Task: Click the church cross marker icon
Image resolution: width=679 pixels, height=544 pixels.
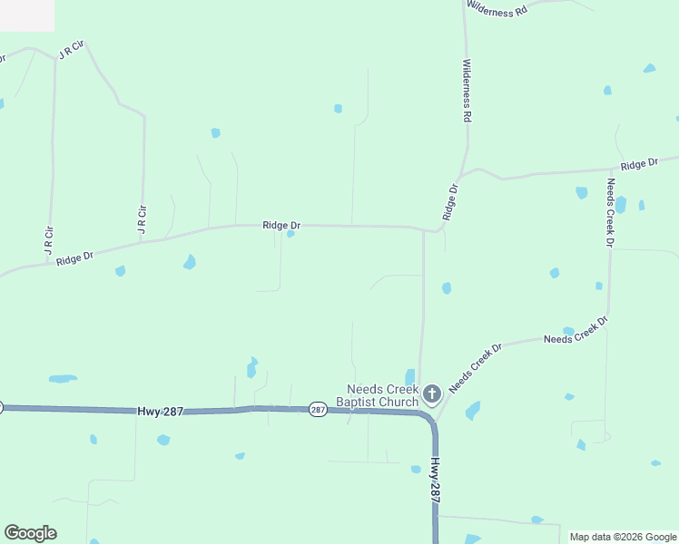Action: click(x=432, y=393)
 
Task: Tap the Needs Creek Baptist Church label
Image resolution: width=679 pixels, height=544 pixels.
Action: click(x=378, y=395)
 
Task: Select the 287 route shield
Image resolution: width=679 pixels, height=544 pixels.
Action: click(x=317, y=410)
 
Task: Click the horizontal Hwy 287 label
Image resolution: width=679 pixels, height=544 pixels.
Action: click(x=161, y=411)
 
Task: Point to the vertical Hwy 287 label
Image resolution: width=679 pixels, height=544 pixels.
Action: click(x=436, y=481)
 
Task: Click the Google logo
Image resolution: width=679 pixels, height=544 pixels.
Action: click(x=30, y=533)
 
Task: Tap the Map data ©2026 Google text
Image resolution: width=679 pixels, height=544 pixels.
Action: click(x=624, y=537)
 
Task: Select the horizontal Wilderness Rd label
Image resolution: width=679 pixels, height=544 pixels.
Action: click(x=497, y=10)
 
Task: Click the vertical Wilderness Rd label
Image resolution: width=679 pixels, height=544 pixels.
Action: click(x=467, y=91)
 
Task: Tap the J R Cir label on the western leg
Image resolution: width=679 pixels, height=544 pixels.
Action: click(x=49, y=239)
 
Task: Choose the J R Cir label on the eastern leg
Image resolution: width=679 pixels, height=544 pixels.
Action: click(x=142, y=220)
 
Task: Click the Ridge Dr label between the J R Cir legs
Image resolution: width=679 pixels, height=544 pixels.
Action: click(x=74, y=258)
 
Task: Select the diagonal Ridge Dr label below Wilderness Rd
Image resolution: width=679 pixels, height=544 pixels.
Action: click(x=450, y=202)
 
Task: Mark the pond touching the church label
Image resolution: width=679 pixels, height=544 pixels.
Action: click(x=410, y=376)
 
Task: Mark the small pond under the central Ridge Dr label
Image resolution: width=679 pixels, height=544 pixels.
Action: click(x=290, y=234)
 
